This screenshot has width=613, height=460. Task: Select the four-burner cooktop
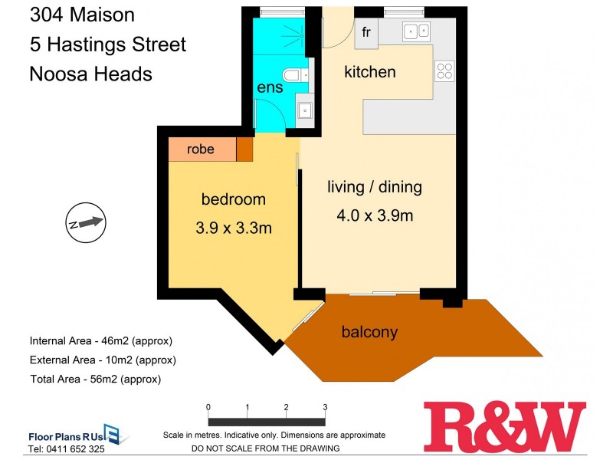point(444,71)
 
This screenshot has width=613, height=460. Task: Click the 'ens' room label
point(270,87)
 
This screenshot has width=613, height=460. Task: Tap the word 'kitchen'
point(370,72)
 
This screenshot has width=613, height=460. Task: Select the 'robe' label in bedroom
point(201,149)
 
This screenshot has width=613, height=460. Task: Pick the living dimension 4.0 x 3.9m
point(375,215)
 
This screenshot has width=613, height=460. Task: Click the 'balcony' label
point(370,332)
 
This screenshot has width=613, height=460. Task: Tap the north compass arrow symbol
point(84,222)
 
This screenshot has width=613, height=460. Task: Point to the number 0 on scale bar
point(208,407)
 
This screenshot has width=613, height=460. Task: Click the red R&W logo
point(504,426)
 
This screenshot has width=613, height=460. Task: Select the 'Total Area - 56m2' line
point(95,379)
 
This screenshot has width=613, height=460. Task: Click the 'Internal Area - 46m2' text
point(100,340)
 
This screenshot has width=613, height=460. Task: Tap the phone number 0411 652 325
point(66,449)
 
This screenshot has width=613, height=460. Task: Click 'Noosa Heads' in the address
point(90,74)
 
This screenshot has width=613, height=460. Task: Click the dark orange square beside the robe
point(244,149)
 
